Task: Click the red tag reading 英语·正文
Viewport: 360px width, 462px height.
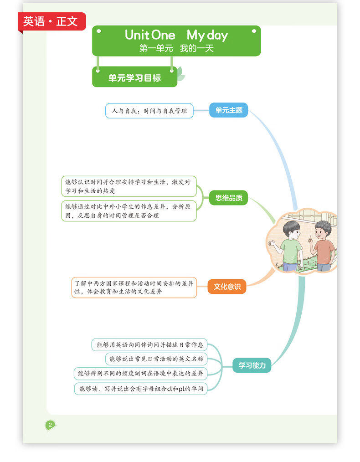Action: pos(51,21)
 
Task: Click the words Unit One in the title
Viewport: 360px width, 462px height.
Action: pos(150,35)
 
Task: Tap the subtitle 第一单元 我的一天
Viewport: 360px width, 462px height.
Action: pos(176,48)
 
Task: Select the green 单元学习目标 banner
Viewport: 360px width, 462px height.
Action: pos(134,78)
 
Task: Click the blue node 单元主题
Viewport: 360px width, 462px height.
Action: pos(229,110)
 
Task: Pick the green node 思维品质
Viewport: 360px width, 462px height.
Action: pos(229,198)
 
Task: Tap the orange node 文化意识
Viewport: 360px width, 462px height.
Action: pos(227,287)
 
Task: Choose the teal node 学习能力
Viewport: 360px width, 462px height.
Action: pos(252,365)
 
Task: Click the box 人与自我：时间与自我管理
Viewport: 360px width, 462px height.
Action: pos(149,111)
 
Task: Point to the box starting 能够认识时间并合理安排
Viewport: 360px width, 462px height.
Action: pos(129,186)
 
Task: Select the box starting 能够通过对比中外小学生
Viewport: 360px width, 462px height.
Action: pos(129,210)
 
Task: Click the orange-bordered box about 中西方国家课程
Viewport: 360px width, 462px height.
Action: pos(134,287)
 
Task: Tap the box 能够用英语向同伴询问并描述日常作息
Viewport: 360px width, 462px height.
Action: pos(149,345)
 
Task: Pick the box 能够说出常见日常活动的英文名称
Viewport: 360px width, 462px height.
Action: pos(156,359)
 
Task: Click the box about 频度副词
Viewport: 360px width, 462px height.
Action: pos(140,374)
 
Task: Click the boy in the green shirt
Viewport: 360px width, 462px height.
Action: pos(290,246)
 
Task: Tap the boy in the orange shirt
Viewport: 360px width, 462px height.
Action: pos(323,246)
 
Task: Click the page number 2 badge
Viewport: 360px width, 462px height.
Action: pos(50,425)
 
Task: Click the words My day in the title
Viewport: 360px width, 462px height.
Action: pos(207,35)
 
